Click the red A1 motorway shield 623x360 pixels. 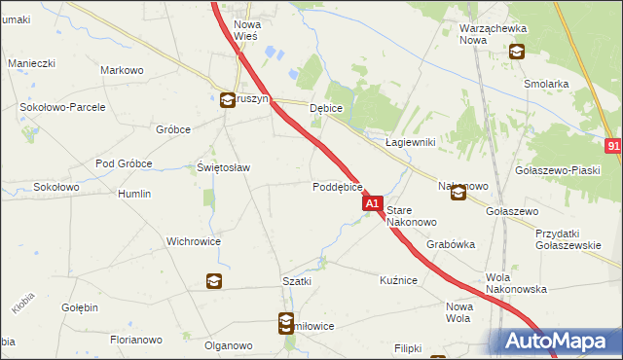[x=372, y=204]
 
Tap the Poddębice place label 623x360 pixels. [x=338, y=186]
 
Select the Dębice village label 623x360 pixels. [x=326, y=109]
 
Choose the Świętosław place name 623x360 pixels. [x=224, y=167]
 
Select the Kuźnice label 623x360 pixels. [x=398, y=280]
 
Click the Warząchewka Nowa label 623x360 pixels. [x=486, y=34]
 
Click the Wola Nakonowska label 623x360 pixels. [x=516, y=282]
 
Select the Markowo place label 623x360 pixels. [x=122, y=70]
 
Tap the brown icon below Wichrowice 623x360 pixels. [x=214, y=282]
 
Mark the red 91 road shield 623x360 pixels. [x=613, y=146]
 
